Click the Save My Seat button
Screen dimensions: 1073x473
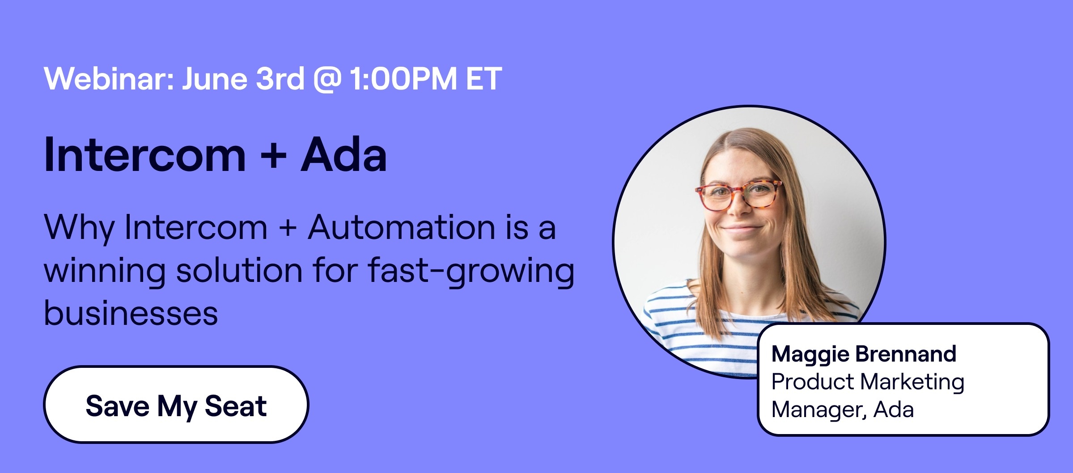176,405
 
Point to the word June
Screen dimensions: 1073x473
214,79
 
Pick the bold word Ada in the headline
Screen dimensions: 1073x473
344,154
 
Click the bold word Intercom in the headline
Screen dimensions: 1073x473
145,154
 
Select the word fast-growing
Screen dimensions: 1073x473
471,271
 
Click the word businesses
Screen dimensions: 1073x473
131,313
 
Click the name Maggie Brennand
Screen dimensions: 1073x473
864,354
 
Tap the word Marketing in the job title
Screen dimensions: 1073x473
912,383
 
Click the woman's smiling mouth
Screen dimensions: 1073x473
740,229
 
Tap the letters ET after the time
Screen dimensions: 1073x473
484,79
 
